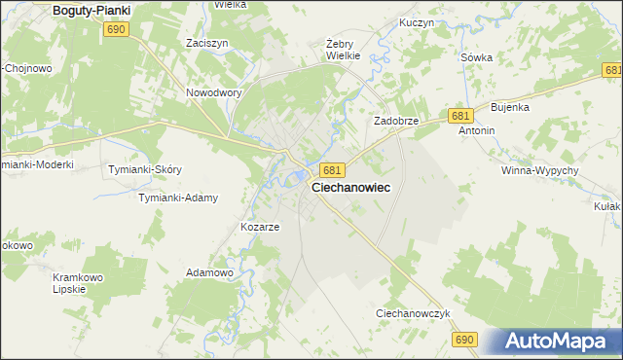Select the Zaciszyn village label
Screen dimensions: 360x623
[x=206, y=44]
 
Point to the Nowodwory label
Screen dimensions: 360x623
[x=213, y=93]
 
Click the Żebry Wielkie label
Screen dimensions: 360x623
[x=343, y=50]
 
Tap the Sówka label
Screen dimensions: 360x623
[x=476, y=57]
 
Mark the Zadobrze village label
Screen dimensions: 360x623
[x=396, y=121]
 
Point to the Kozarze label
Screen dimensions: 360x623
[x=260, y=227]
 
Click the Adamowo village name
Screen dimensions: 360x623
[x=209, y=273]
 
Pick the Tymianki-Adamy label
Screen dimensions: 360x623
[x=177, y=198]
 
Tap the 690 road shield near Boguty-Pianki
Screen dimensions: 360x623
[x=116, y=30]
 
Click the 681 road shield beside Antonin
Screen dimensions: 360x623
[x=461, y=116]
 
